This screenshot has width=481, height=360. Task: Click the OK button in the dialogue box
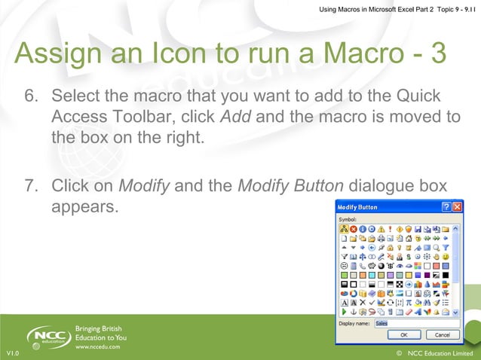[x=405, y=334]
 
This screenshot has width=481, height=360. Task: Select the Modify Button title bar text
[x=358, y=206]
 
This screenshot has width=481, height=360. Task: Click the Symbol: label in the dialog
[x=348, y=218]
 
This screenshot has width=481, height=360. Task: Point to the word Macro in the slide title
[x=360, y=54]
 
